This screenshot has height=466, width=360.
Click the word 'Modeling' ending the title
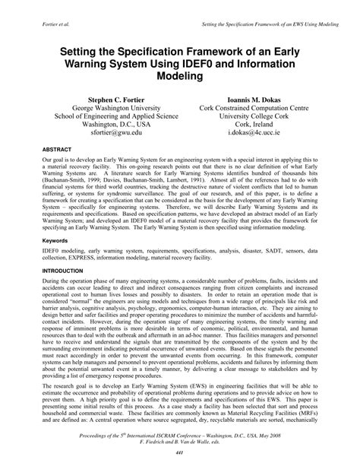tap(180, 78)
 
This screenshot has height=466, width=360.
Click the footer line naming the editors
tap(180, 445)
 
